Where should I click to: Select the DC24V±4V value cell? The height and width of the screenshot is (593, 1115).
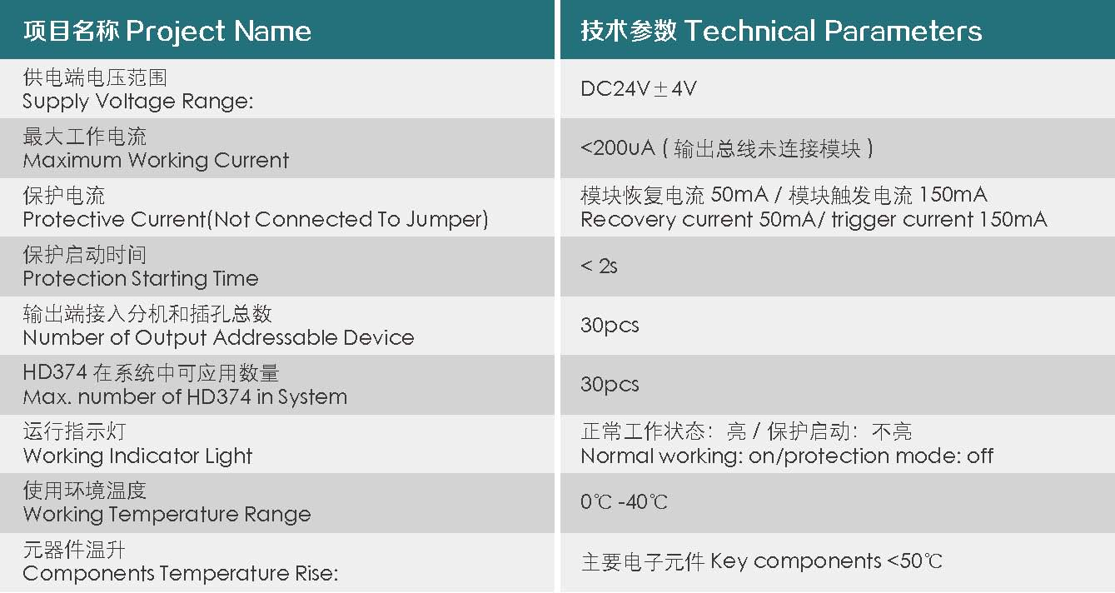point(639,88)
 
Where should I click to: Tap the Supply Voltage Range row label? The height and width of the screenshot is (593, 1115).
point(137,102)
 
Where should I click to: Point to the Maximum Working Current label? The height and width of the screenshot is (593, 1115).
point(156,161)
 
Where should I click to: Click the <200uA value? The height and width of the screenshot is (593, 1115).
point(617,148)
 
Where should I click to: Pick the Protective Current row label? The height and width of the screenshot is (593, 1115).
point(255,220)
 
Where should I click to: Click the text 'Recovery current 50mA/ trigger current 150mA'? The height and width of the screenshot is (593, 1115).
point(814,220)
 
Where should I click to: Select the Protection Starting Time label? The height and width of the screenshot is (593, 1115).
point(141,279)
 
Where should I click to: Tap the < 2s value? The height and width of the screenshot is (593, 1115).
point(599,267)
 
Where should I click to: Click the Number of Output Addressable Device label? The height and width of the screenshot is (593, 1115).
point(218,338)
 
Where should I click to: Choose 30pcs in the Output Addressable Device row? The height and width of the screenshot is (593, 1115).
point(610,325)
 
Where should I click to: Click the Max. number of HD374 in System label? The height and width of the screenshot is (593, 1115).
point(185,397)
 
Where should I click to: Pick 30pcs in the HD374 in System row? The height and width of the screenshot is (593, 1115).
point(610,384)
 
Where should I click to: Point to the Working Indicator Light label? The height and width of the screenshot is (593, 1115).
point(137,456)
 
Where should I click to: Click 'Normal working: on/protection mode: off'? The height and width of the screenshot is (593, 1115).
point(787,456)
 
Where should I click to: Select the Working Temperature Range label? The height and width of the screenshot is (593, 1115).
point(167,515)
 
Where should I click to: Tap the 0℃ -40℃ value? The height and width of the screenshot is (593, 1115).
point(624,502)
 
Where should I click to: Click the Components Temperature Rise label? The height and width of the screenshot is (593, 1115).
point(180,574)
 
